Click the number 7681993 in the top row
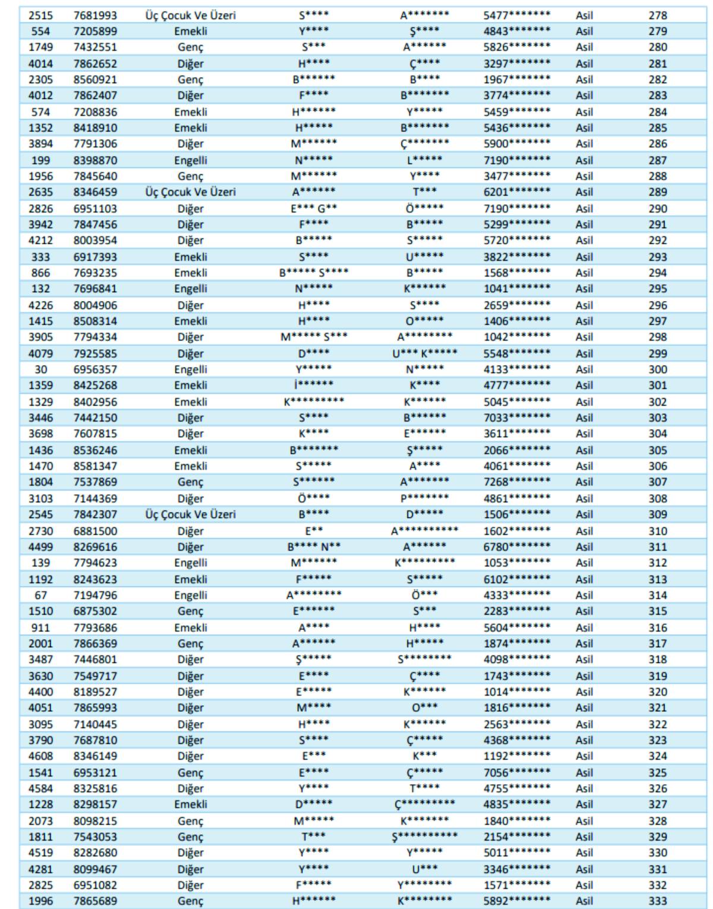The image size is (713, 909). coord(95,15)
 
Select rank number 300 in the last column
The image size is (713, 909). coord(657,369)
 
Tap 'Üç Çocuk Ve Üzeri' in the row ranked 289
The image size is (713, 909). coord(190,192)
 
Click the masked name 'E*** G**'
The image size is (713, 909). coord(314,208)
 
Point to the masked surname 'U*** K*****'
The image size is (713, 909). coord(424,353)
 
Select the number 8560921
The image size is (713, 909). coord(95,80)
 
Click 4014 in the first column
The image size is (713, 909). coord(40,64)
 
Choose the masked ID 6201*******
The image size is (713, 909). coord(516,192)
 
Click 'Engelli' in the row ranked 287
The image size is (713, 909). coord(190,160)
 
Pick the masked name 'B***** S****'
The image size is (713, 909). coord(314,273)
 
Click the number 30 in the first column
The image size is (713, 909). coord(40,369)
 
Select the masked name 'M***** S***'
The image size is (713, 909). coord(314,337)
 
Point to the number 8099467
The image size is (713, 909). coord(95,869)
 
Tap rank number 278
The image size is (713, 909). coord(657,15)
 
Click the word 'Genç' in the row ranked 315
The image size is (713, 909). coord(190,612)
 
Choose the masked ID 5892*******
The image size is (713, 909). coord(516,901)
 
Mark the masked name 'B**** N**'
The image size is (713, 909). coord(314,547)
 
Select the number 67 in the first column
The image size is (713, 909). coord(40,596)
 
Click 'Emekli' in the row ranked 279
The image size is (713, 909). coord(190,31)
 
